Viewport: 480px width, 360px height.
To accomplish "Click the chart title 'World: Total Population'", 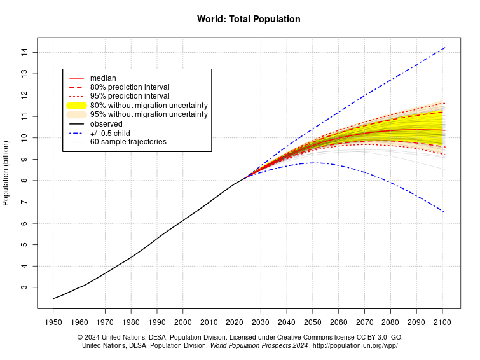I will point(249,19).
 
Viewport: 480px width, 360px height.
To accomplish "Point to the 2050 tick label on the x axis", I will point(313,322).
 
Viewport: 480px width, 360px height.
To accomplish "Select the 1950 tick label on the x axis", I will point(53,322).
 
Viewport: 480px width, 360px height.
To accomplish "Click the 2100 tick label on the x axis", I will point(442,322).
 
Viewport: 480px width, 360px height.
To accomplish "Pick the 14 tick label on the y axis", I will point(24,52).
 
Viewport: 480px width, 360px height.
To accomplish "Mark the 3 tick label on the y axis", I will point(24,287).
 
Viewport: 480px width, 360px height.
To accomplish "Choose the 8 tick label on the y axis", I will point(24,181).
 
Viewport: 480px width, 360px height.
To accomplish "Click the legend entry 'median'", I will point(103,78).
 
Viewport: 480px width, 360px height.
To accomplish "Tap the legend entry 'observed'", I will point(106,123).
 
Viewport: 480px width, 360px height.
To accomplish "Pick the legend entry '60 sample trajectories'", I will point(128,142).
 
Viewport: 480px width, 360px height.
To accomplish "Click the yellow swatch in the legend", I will point(77,105).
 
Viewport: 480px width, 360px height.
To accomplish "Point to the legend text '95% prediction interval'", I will point(130,96).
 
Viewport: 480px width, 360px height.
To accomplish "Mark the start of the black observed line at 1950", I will point(53,298).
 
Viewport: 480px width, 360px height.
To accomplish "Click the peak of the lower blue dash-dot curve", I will point(313,163).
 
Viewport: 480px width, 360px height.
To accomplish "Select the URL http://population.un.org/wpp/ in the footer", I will point(355,345).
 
